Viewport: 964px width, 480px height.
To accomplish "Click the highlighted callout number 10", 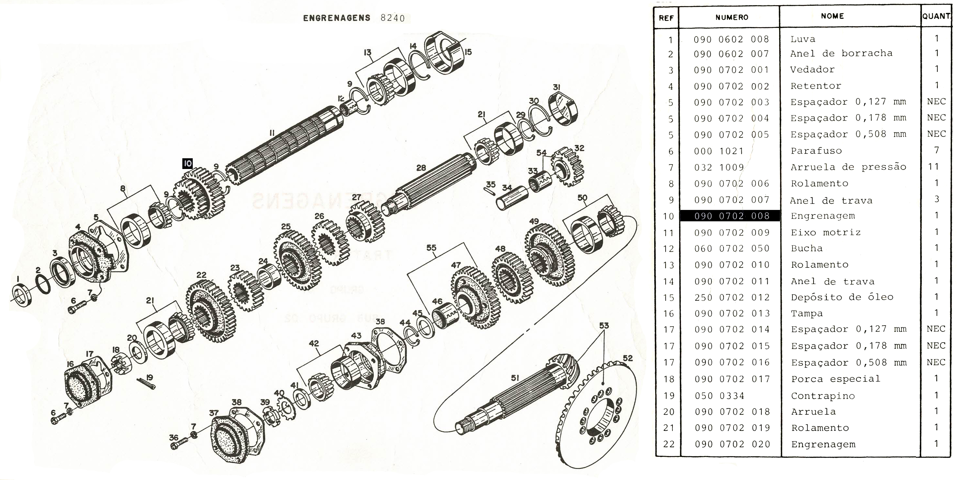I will coord(188,163).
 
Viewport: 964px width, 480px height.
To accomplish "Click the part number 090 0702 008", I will coord(732,216).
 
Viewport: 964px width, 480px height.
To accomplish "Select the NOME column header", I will coord(832,16).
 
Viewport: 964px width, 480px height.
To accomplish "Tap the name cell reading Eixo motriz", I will coord(826,232).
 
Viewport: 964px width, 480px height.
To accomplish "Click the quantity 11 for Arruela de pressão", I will coord(934,166).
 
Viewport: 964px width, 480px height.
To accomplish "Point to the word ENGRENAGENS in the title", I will coord(336,18).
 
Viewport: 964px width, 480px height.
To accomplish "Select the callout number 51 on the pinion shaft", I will coord(515,378).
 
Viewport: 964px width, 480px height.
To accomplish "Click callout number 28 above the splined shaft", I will coord(421,168).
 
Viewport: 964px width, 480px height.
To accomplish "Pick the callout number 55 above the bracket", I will coord(431,247).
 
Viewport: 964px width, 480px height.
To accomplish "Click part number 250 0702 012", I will coord(732,297).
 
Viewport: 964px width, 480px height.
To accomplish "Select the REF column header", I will coord(666,18).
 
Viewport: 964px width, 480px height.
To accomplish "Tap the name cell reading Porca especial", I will coord(835,379).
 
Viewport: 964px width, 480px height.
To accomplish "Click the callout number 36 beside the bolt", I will coord(173,437).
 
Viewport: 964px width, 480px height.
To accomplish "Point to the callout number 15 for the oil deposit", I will coord(468,52).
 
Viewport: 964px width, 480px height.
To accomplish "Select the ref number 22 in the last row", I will coord(668,444).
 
